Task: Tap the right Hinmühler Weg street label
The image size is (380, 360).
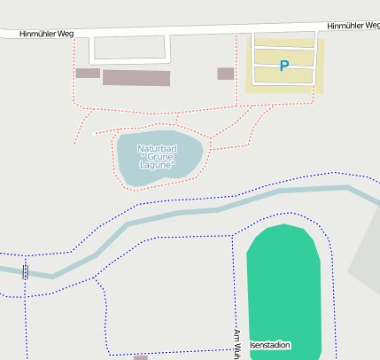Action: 353,26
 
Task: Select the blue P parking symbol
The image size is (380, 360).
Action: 283,66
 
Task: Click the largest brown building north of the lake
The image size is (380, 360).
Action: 136,78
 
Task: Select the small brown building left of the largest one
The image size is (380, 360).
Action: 88,74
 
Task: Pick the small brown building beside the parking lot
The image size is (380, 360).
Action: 226,74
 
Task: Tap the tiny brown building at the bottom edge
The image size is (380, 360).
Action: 141,357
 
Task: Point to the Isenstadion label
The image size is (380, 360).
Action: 270,345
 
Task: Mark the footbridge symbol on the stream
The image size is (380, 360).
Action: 25,271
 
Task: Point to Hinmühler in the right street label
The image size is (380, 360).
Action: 345,26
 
